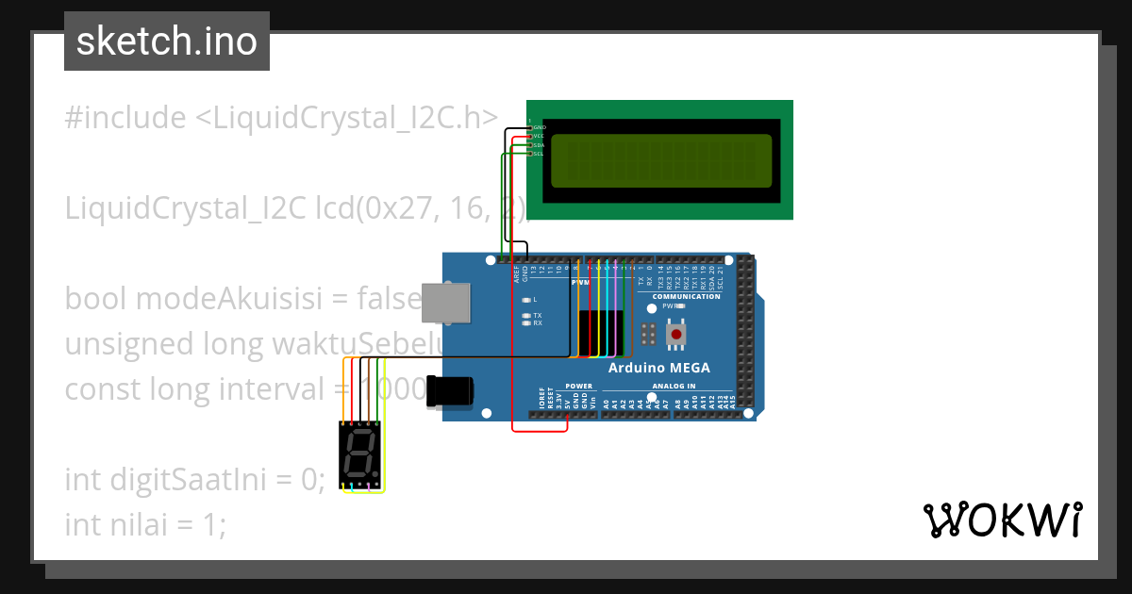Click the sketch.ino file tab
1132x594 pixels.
[x=167, y=41]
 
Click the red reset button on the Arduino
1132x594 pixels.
[x=676, y=334]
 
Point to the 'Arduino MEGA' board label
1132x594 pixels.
[x=659, y=368]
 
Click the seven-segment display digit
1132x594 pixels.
[x=359, y=454]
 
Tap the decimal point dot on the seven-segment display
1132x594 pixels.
[x=376, y=473]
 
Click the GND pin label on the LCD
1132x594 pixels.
[x=540, y=126]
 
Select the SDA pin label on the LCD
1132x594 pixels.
[x=540, y=144]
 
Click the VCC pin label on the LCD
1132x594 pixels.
[x=540, y=136]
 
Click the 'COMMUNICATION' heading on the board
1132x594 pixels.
[x=686, y=296]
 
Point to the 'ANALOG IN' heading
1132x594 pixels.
[x=675, y=386]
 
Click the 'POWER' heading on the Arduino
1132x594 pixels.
[x=579, y=386]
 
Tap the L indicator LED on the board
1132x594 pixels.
[x=526, y=299]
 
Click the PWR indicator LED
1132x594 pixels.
[x=681, y=305]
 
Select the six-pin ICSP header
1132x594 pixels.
[x=648, y=335]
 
